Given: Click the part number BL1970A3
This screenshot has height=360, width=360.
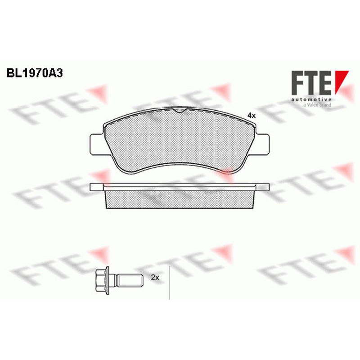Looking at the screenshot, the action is pyautogui.click(x=35, y=73).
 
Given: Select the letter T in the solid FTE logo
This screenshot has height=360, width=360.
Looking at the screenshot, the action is pyautogui.click(x=311, y=83).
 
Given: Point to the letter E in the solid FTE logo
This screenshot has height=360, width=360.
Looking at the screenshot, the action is pyautogui.click(x=326, y=83).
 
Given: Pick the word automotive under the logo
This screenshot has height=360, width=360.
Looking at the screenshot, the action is pyautogui.click(x=311, y=99).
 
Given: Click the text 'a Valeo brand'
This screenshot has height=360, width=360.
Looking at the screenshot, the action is pyautogui.click(x=317, y=105).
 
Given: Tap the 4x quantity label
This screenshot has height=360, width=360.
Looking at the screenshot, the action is pyautogui.click(x=252, y=116).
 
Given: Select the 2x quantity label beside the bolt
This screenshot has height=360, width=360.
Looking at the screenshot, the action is pyautogui.click(x=155, y=278).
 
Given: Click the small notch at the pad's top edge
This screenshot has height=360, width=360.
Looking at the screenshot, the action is pyautogui.click(x=180, y=110).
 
